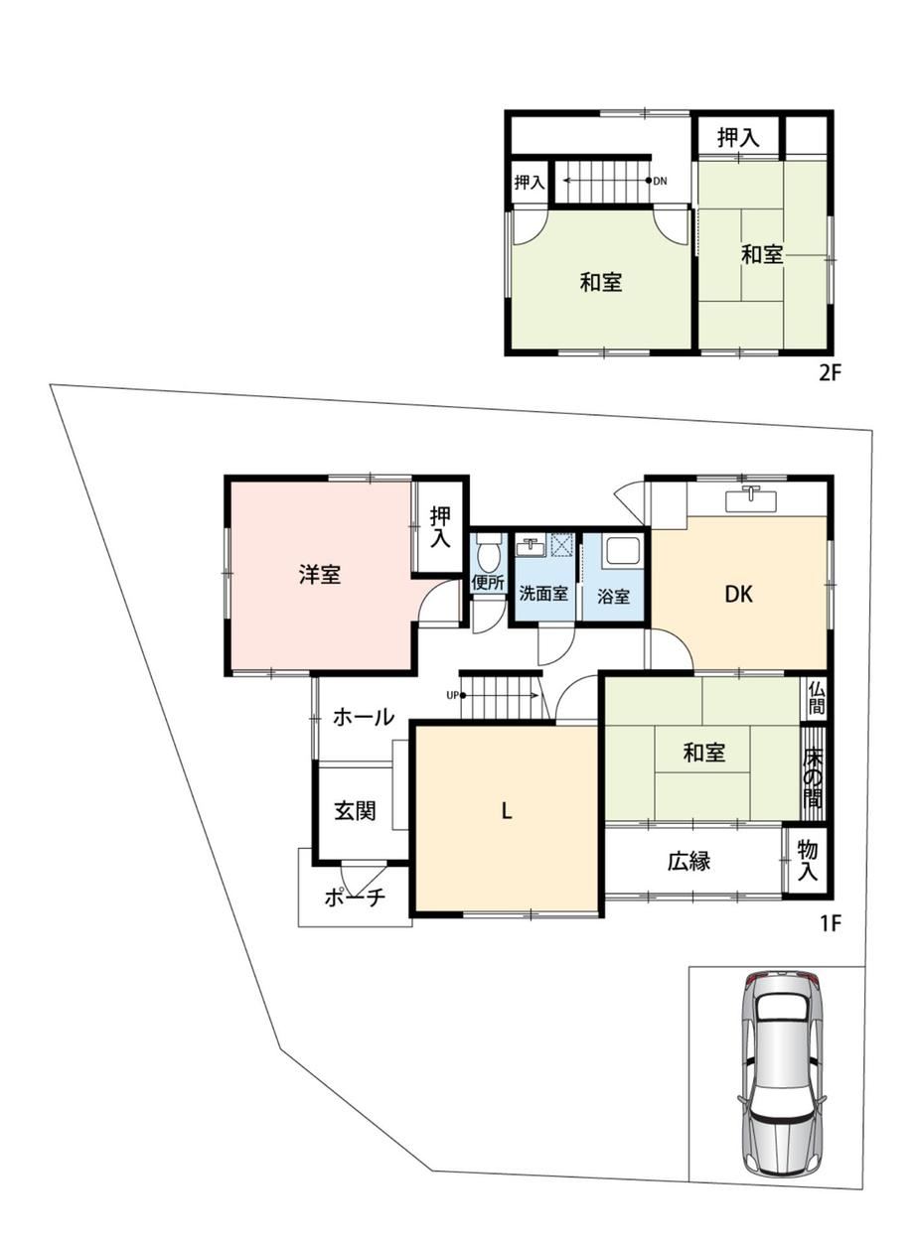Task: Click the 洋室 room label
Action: (319, 574)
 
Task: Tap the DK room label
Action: (738, 595)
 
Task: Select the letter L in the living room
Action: (507, 812)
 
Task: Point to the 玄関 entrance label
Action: (355, 811)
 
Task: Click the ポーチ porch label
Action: (355, 898)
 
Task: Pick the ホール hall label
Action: (364, 717)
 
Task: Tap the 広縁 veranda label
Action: (689, 861)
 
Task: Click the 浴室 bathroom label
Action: (613, 597)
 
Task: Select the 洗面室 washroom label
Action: (543, 594)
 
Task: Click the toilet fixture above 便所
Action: (489, 552)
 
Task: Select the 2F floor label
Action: (830, 373)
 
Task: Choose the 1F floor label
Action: (829, 923)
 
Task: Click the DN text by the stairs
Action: (660, 181)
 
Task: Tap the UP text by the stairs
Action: (452, 695)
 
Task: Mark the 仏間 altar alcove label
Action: (817, 699)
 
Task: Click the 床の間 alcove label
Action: (813, 776)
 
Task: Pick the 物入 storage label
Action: (807, 861)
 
